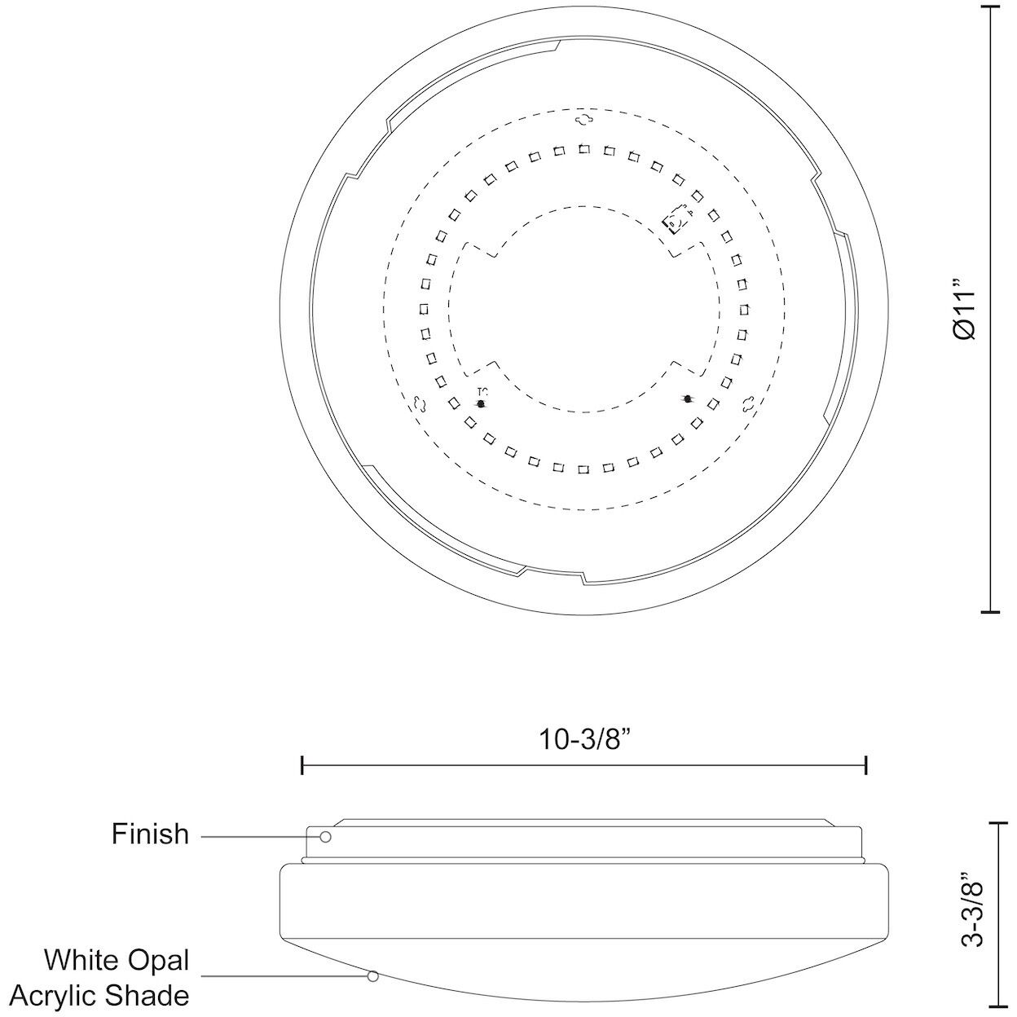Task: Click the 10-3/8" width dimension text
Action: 585,739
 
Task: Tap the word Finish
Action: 150,834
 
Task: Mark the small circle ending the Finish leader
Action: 325,837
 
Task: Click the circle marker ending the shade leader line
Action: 373,975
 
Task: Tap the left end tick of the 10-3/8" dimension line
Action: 302,765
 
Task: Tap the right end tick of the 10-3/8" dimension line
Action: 866,765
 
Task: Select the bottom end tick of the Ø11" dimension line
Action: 989,610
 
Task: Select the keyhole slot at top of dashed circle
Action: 584,120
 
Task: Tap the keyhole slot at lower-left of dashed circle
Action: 420,403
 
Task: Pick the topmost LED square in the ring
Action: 584,149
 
